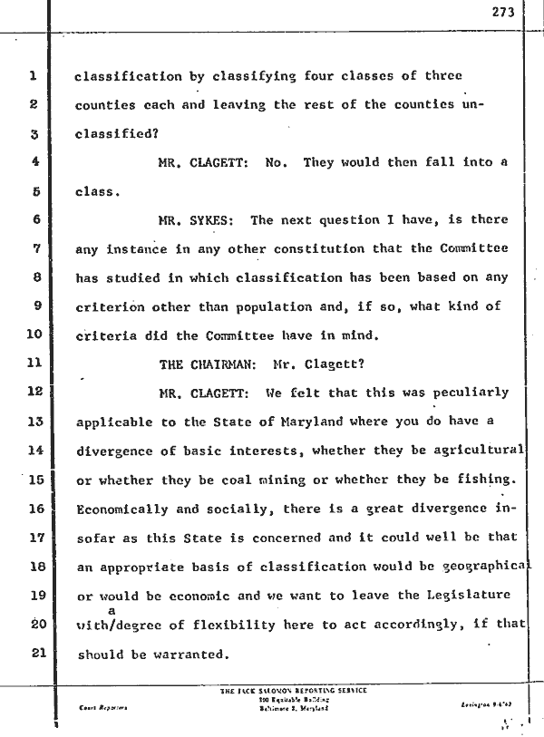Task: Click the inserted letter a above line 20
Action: [112, 611]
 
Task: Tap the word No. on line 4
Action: [277, 162]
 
